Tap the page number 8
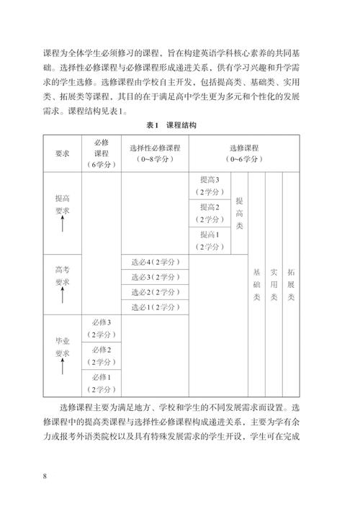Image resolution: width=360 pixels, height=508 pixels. pyautogui.click(x=45, y=476)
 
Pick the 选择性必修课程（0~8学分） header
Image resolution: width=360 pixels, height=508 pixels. pyautogui.click(x=155, y=153)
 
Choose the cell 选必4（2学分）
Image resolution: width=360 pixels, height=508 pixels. pyautogui.click(x=155, y=262)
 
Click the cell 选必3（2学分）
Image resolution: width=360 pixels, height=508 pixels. pyautogui.click(x=155, y=278)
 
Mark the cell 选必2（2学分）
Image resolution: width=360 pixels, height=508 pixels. pyautogui.click(x=155, y=293)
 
